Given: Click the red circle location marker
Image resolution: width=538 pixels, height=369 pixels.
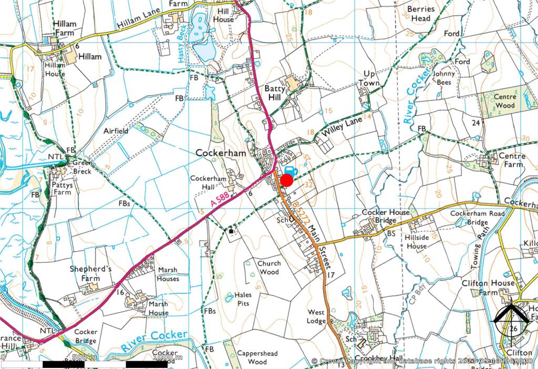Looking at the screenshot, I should click(x=286, y=180).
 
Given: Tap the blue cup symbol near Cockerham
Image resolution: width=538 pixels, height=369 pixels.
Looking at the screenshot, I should click(x=290, y=170).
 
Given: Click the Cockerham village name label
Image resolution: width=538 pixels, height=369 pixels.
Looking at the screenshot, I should click(x=221, y=152).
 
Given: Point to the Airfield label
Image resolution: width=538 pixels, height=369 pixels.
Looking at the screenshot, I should click(x=115, y=131).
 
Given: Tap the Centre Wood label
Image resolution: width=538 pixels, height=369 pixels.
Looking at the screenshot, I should click(x=504, y=101).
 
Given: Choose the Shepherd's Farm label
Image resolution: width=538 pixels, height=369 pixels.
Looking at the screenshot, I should click(x=91, y=273).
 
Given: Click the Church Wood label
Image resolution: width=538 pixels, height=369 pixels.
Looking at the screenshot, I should click(x=268, y=268).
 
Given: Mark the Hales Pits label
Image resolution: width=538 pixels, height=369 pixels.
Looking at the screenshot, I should click(x=243, y=299).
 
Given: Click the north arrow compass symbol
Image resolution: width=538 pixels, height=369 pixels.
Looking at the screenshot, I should click(x=512, y=317).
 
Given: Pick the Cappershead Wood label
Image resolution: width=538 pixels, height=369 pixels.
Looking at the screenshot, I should click(x=257, y=357).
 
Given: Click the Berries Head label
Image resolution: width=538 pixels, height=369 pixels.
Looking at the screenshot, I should click(x=421, y=14).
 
